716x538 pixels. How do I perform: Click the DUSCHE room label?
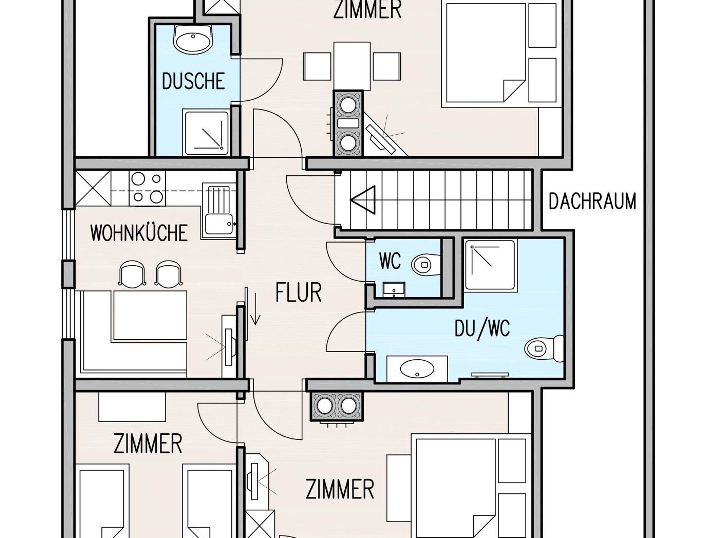click(193, 82)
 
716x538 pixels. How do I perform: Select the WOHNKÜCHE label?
click(139, 233)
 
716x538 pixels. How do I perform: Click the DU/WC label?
click(482, 329)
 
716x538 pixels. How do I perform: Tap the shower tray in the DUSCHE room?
click(206, 133)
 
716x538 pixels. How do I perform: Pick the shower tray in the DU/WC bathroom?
click(491, 265)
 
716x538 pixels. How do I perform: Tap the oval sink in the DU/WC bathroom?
click(417, 369)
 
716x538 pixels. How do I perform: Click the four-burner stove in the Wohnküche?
click(147, 188)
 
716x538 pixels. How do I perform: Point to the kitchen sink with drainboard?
click(218, 212)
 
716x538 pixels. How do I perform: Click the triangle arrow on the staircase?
click(363, 200)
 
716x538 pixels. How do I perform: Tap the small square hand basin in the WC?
click(394, 289)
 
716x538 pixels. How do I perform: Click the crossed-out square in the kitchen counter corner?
click(93, 188)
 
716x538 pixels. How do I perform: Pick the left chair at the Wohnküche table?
click(132, 274)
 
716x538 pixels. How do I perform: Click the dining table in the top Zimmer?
click(352, 66)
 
